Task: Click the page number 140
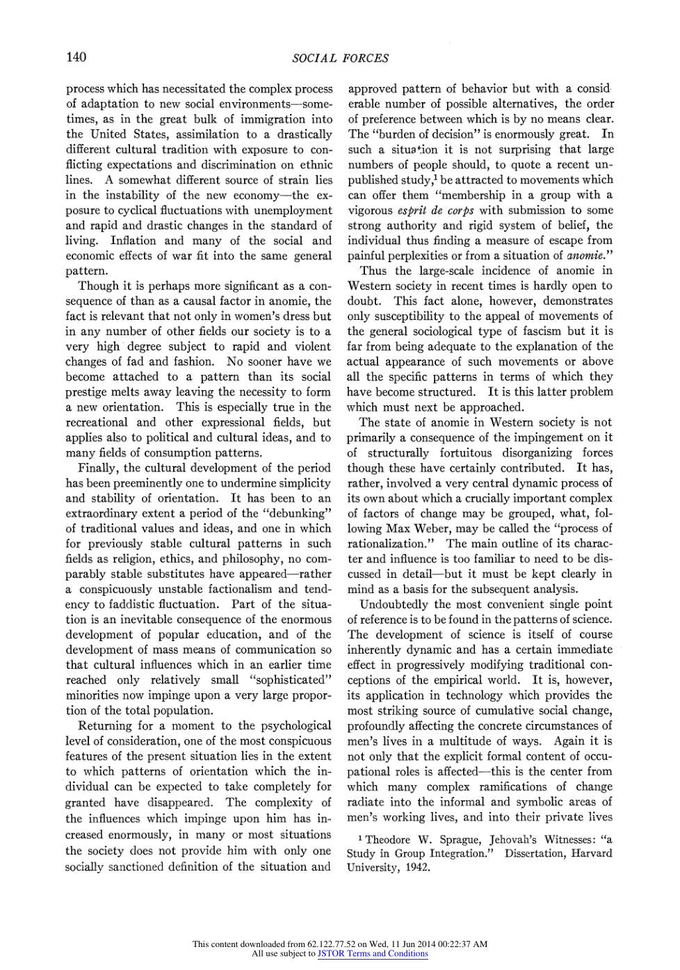[x=76, y=57]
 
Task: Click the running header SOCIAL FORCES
[x=340, y=58]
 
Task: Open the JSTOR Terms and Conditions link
[x=373, y=953]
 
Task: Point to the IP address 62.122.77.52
[x=331, y=944]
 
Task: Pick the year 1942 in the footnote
[x=416, y=868]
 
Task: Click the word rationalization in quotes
[x=394, y=543]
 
